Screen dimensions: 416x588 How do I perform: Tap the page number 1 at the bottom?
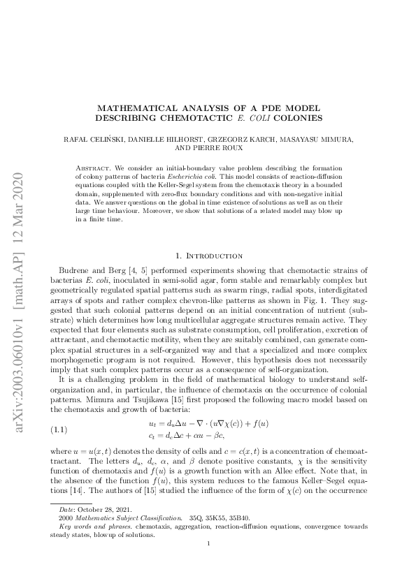coord(208,562)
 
